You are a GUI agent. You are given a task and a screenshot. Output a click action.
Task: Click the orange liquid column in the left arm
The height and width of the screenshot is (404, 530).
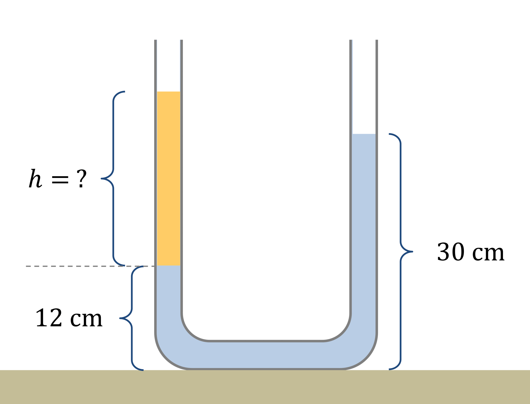168,177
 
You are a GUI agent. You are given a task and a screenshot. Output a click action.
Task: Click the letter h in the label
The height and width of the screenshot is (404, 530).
35,178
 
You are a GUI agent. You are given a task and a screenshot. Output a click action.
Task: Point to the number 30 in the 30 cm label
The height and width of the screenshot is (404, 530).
451,252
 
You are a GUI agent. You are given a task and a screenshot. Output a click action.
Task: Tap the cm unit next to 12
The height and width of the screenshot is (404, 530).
86,319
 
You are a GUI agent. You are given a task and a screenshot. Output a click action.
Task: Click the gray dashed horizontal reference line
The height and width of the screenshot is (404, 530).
80,266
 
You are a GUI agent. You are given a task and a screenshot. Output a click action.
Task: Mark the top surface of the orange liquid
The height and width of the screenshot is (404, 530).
168,92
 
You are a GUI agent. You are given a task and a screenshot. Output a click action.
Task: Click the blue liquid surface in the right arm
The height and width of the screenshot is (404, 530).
364,134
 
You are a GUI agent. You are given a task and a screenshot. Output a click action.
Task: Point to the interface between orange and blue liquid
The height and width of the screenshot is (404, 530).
168,265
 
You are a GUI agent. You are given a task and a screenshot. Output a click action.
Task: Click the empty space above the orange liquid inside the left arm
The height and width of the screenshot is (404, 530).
168,64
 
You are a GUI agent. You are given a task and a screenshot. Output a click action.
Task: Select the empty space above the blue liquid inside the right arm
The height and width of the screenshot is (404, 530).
364,86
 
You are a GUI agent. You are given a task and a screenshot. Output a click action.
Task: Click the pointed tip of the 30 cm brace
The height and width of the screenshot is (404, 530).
412,251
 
